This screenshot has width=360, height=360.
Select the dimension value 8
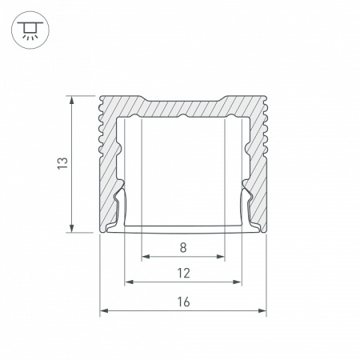(183, 247)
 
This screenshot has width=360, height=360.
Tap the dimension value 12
(183, 273)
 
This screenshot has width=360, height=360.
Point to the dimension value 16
(183, 302)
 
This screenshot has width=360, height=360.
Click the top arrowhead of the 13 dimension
(74, 99)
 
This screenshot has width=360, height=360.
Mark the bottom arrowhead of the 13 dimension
(74, 230)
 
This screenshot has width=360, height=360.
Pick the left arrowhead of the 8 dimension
(145, 258)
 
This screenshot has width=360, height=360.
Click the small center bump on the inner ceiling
(183, 117)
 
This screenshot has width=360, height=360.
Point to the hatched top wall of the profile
(183, 106)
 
